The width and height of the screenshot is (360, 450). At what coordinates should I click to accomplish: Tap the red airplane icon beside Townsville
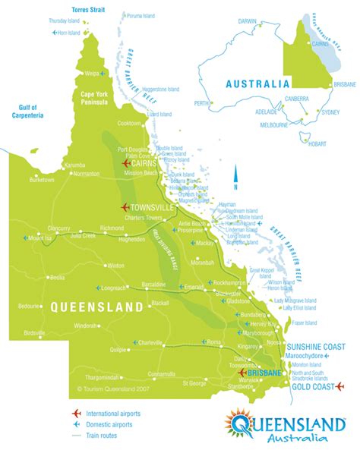point(125,207)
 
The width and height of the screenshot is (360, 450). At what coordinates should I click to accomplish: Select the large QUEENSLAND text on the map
point(96,307)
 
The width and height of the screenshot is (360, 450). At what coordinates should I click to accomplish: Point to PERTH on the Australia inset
point(201,102)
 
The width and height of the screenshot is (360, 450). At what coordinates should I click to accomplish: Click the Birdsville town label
point(35,332)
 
